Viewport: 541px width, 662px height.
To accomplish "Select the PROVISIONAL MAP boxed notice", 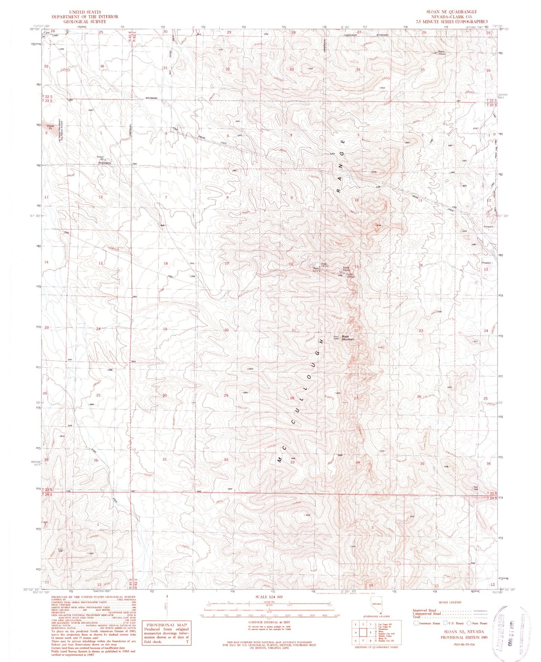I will pos(166,633).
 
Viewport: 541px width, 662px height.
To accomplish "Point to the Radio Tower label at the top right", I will pos(442,53).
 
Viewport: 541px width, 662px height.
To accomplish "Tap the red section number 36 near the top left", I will pos(102,66).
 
